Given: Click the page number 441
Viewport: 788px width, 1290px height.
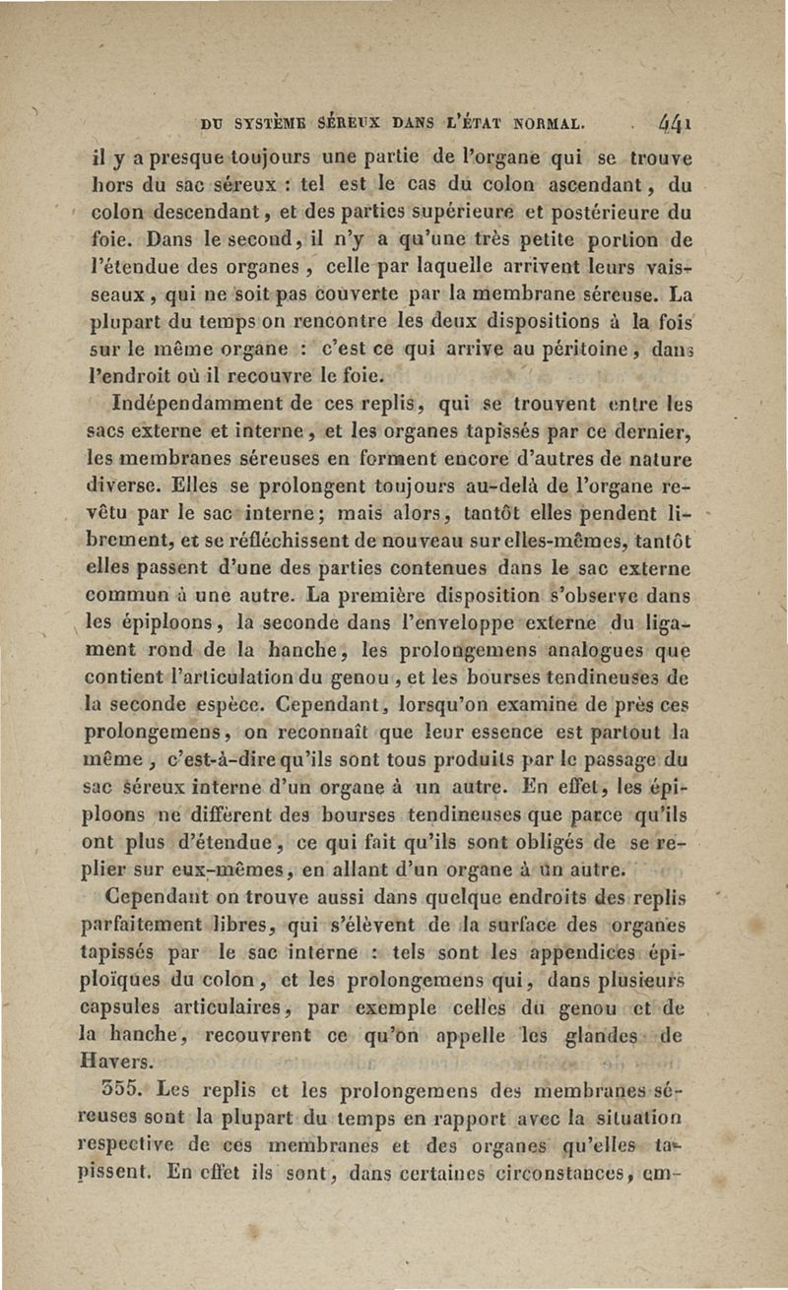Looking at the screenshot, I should click(675, 125).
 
